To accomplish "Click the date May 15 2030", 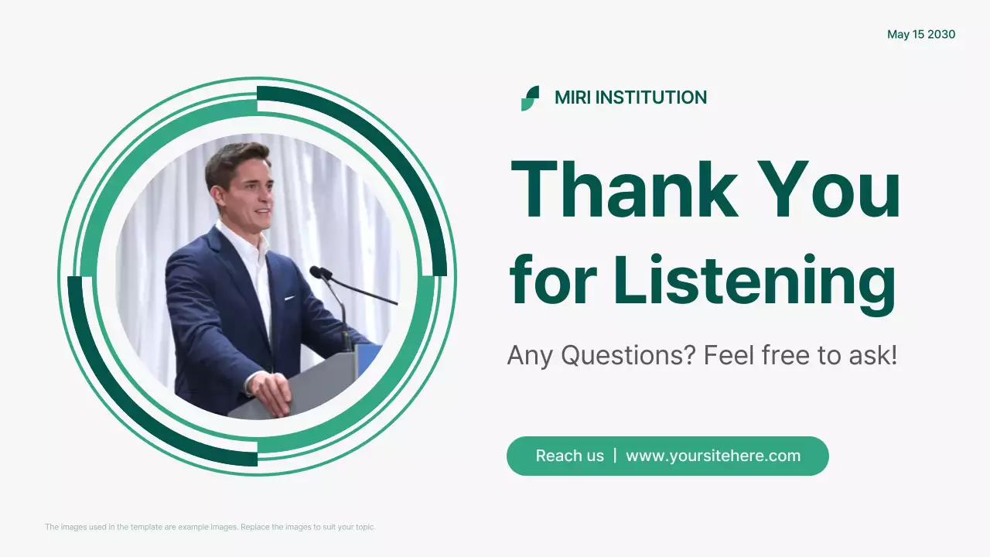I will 921,35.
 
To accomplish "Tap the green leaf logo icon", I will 530,98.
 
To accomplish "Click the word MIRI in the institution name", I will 572,97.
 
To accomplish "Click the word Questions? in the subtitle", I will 628,356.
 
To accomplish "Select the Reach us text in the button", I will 569,456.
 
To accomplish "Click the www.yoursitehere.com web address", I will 713,456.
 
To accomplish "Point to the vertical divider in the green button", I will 615,455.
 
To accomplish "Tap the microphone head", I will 317,272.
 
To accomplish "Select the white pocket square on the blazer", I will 289,297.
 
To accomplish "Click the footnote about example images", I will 210,527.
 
